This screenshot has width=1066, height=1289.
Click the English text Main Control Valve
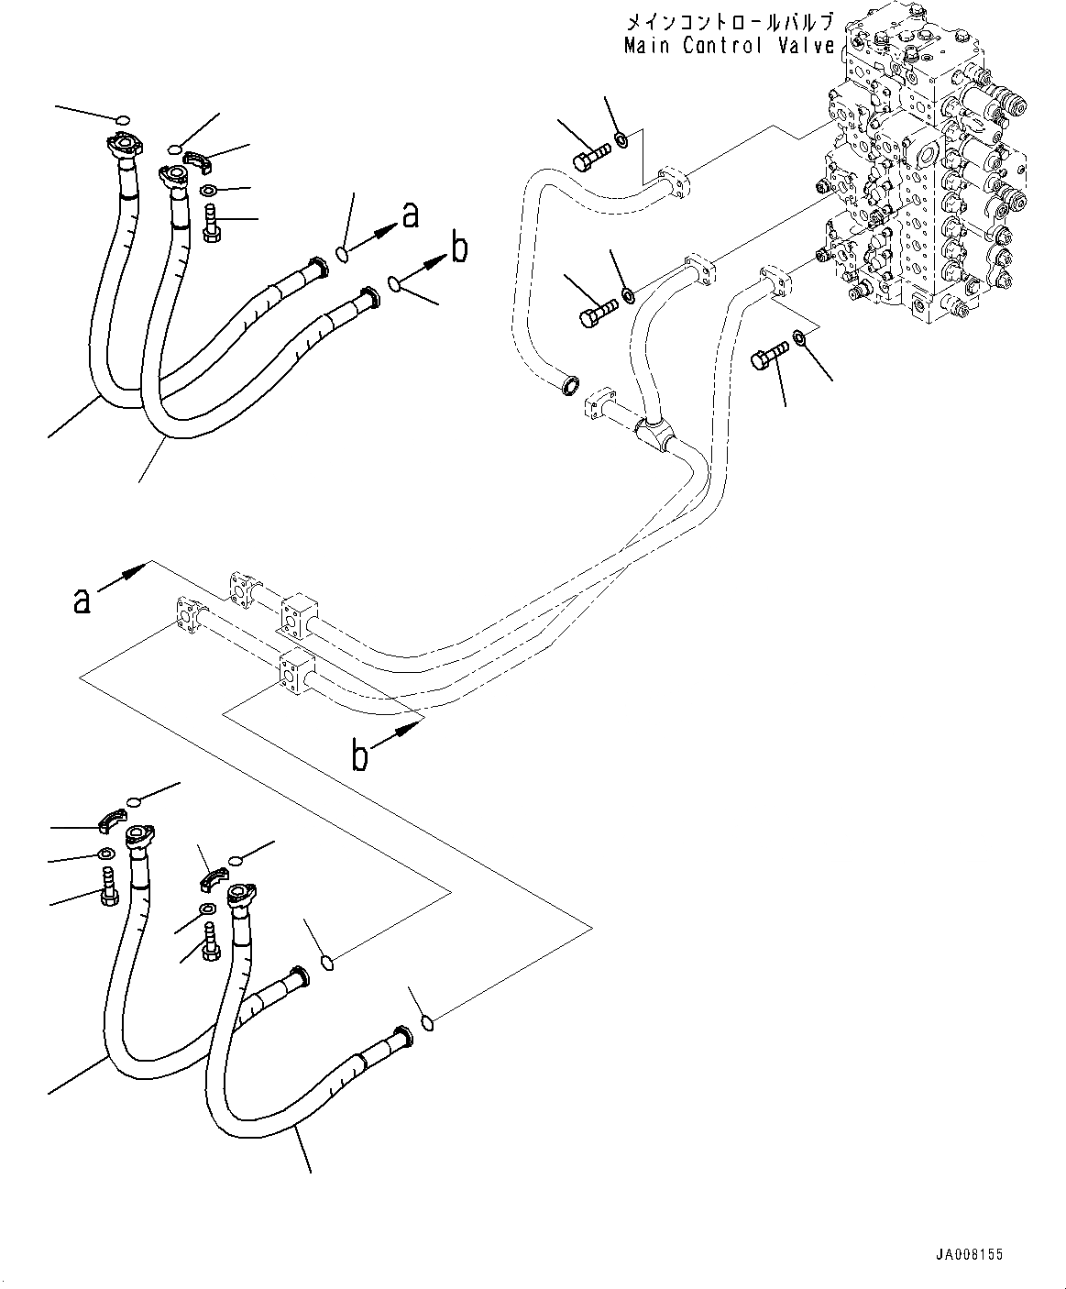point(729,46)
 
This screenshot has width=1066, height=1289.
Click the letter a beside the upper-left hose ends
point(411,215)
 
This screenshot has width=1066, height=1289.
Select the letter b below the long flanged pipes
point(362,757)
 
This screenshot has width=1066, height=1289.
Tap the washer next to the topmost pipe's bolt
point(621,139)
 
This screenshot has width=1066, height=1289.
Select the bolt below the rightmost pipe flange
point(767,358)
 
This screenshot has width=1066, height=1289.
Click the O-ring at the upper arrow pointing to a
point(343,254)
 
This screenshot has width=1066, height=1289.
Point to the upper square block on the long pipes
point(295,615)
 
